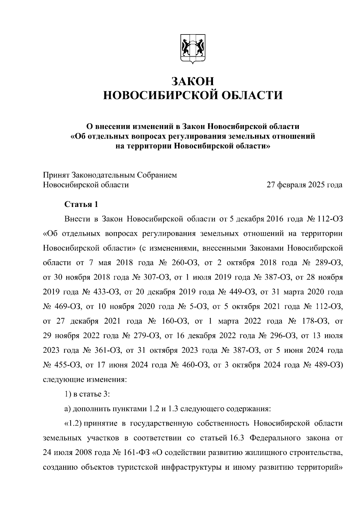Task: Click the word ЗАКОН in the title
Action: pyautogui.click(x=193, y=81)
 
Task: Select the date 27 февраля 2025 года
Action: pyautogui.click(x=304, y=185)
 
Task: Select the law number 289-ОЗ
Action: pyautogui.click(x=329, y=263)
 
